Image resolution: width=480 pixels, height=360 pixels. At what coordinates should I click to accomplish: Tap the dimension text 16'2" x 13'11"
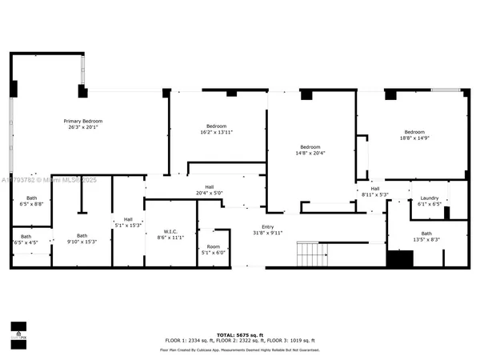coord(216,133)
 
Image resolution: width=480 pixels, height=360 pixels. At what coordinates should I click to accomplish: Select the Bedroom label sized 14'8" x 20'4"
coord(310,146)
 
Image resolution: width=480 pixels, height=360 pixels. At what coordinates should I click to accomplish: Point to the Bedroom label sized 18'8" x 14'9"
coord(414,132)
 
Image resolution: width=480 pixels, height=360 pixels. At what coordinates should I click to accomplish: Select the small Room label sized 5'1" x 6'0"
coord(213,246)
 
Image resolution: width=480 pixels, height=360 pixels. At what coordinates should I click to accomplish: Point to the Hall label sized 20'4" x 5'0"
coord(209,187)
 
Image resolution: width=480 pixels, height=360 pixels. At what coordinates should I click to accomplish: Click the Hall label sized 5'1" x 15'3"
coord(127,219)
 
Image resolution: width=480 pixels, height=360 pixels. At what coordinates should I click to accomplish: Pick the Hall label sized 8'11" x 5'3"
coord(374,189)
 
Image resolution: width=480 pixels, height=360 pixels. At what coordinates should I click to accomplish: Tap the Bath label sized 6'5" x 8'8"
coord(31,198)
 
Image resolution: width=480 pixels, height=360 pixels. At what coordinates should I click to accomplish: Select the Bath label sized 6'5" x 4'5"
coord(26,236)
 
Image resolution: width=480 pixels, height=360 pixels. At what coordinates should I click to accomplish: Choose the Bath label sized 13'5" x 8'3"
coord(426,234)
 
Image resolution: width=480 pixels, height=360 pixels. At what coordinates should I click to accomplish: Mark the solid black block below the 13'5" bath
coord(399,259)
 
